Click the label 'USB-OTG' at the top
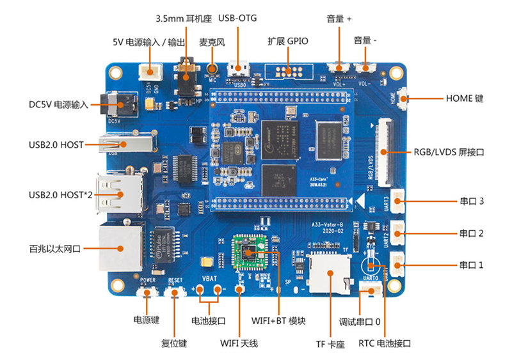tap(237, 18)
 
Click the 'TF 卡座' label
tap(330, 344)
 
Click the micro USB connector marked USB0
tap(241, 67)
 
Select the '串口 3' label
tap(471, 201)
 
